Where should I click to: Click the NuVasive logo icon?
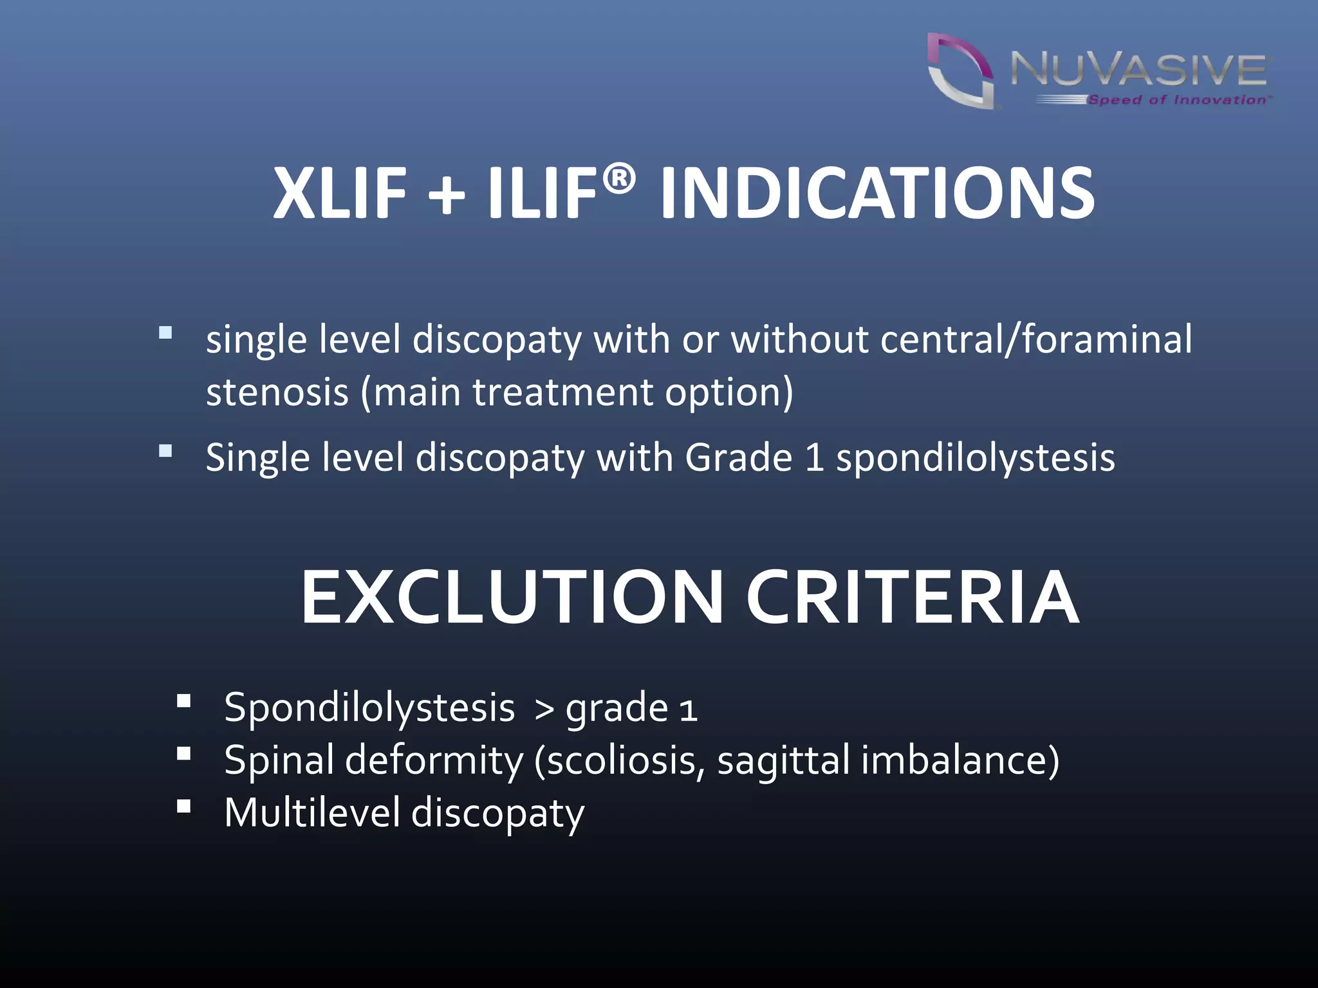pyautogui.click(x=960, y=71)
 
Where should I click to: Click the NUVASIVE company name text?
pyautogui.click(x=1138, y=69)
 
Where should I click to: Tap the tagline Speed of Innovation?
pyautogui.click(x=1177, y=100)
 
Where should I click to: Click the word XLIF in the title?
pyautogui.click(x=340, y=193)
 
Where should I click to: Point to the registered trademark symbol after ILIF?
pyautogui.click(x=619, y=178)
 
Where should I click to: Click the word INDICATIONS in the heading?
pyautogui.click(x=877, y=193)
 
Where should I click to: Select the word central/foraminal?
pyautogui.click(x=1035, y=339)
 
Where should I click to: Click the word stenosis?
pyautogui.click(x=277, y=392)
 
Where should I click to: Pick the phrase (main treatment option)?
pyautogui.click(x=577, y=393)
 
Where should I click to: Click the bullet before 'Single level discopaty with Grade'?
pyautogui.click(x=165, y=451)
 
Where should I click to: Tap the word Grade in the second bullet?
pyautogui.click(x=738, y=458)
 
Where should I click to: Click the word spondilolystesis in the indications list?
pyautogui.click(x=975, y=458)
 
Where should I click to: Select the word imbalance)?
pyautogui.click(x=960, y=760)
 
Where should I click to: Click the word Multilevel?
pyautogui.click(x=312, y=812)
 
